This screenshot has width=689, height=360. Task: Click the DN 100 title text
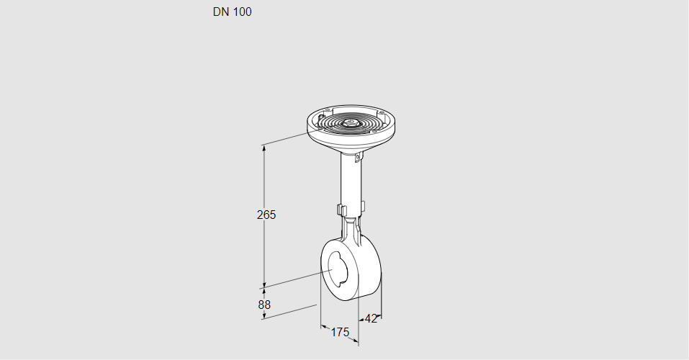click(232, 12)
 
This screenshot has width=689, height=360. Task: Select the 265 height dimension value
click(266, 215)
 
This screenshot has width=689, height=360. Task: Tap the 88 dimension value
click(264, 305)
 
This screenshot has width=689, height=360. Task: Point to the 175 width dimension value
click(340, 333)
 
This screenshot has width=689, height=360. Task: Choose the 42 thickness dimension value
click(371, 319)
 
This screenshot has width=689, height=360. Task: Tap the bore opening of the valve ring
click(338, 270)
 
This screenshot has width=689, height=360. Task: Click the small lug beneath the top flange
click(359, 156)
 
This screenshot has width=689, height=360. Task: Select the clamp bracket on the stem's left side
click(340, 210)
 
